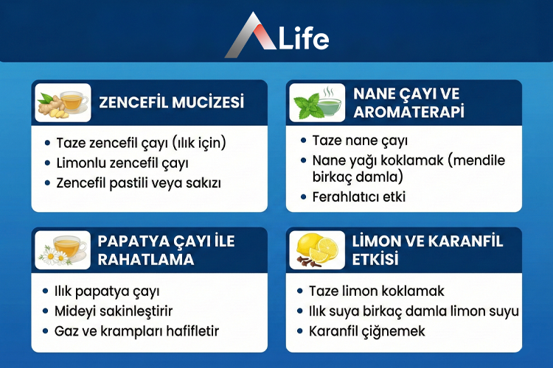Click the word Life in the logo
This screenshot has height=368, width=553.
point(300,38)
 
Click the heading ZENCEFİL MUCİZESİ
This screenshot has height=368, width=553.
point(172,102)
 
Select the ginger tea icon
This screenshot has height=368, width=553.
point(63,102)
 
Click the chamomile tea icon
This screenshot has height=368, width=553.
point(63,250)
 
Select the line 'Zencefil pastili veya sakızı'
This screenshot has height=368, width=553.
point(137,181)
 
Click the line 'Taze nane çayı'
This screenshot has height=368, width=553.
point(360,141)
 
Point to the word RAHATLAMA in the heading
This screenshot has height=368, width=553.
point(146,259)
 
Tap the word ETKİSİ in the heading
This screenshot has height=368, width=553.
point(376,259)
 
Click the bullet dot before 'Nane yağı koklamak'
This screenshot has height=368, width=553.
point(304,160)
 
